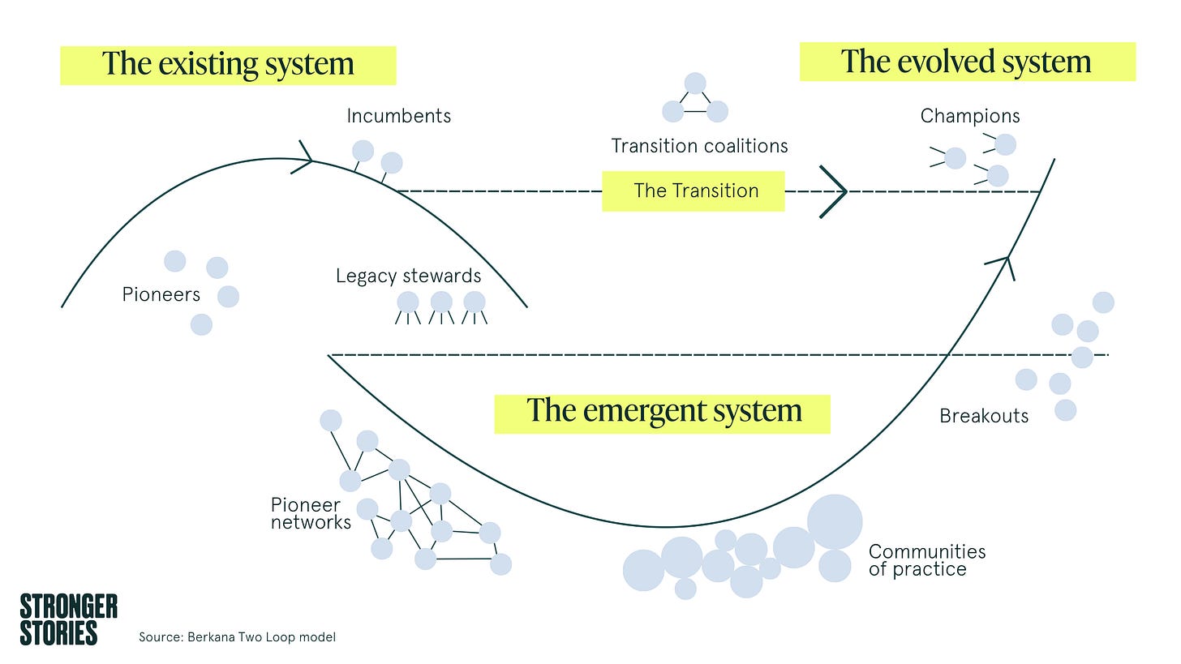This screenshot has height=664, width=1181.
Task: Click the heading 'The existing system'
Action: (x=228, y=64)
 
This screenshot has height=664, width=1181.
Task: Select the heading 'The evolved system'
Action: (x=966, y=62)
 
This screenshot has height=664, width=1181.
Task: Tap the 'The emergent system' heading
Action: (x=664, y=411)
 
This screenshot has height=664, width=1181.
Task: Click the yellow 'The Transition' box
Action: (x=694, y=191)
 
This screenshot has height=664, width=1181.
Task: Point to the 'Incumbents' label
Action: (x=398, y=116)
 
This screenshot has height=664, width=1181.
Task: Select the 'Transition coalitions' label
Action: (x=699, y=146)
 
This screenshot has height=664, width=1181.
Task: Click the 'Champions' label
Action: (x=970, y=116)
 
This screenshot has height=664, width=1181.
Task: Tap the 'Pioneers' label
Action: (x=161, y=294)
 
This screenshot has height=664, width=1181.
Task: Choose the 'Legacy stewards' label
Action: (x=408, y=276)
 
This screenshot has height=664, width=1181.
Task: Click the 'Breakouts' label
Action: (x=984, y=417)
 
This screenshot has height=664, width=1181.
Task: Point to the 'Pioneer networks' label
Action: (x=311, y=514)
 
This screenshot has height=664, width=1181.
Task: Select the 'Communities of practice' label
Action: (x=927, y=561)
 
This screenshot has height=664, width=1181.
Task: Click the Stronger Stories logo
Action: (x=68, y=619)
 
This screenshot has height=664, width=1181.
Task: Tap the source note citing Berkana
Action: (x=237, y=637)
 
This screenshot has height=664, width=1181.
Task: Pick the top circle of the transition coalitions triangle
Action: (x=695, y=84)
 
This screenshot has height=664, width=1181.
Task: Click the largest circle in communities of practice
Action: (x=835, y=522)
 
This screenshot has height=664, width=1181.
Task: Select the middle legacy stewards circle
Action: (x=441, y=302)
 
